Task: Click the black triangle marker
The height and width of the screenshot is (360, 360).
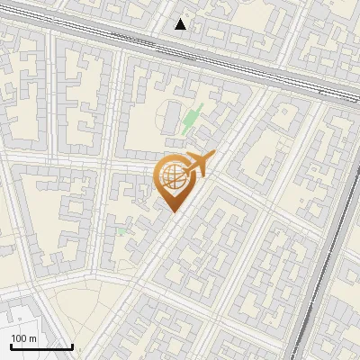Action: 181,24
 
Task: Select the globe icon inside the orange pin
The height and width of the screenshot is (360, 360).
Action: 174,175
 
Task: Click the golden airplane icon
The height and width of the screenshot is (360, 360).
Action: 197,165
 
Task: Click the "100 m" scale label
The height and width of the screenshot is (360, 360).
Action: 23,338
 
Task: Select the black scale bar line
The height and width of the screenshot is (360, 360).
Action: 41,346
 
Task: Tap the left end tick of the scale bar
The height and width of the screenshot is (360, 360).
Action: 11,345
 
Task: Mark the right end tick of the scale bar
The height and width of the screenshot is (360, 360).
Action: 72,345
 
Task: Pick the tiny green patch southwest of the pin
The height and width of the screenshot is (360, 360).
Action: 121,231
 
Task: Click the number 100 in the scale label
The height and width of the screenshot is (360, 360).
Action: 18,338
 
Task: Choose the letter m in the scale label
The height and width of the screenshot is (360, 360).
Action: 32,339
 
